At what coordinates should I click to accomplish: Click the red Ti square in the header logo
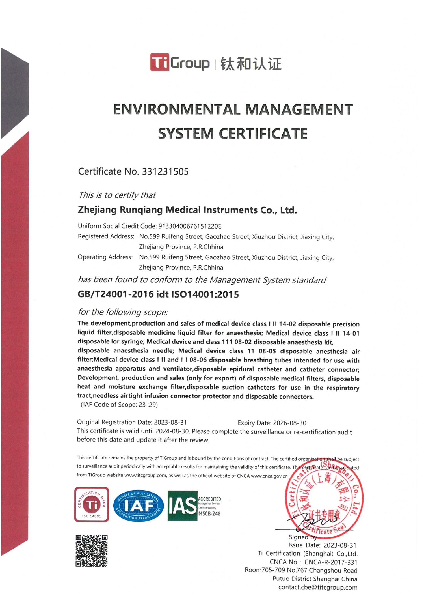tap(159, 62)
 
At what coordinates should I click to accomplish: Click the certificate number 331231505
tap(165, 171)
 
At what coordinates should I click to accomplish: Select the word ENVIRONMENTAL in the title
tap(177, 109)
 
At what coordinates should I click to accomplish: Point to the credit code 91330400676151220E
tap(190, 226)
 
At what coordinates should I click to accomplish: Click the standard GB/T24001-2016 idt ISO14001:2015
tap(158, 294)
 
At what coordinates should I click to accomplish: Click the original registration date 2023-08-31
tap(170, 422)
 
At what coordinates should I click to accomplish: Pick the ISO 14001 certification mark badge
tap(92, 505)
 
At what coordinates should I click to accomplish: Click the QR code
tap(91, 550)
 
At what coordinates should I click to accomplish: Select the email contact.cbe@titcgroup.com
tap(318, 587)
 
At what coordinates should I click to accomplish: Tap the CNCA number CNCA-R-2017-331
tap(331, 562)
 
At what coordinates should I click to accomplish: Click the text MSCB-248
tap(209, 513)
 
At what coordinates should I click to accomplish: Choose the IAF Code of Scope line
tap(119, 405)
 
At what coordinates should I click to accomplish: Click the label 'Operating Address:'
tap(105, 257)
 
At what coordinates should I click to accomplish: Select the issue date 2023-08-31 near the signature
tap(339, 545)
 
